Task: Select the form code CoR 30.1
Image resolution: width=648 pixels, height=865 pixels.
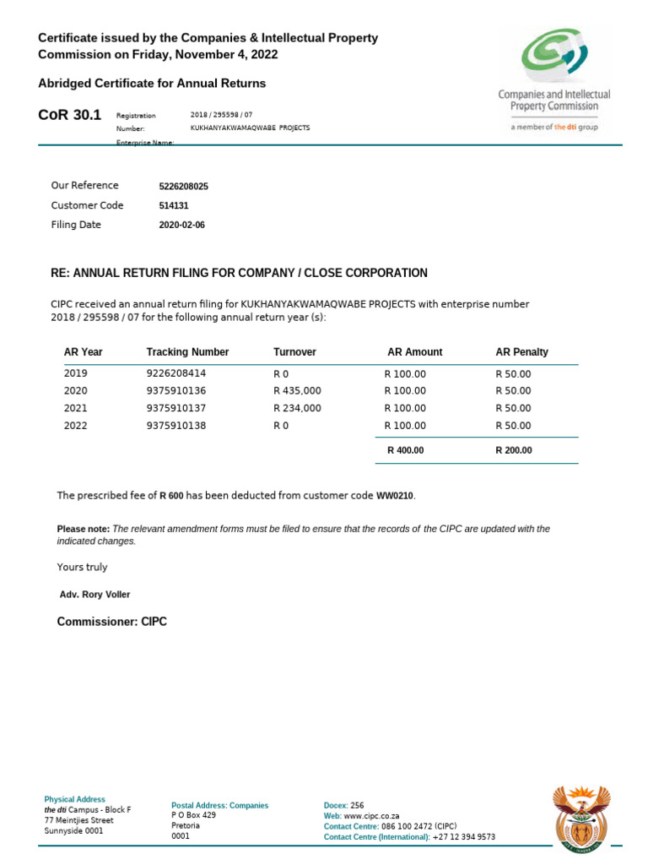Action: point(70,115)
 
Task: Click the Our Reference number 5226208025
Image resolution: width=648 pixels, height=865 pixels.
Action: point(183,186)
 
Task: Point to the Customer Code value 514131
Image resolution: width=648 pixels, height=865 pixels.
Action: point(173,205)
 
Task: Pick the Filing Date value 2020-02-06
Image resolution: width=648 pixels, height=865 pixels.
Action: point(181,226)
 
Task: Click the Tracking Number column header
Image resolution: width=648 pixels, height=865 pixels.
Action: point(187,352)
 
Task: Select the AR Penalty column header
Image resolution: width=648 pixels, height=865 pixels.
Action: point(521,352)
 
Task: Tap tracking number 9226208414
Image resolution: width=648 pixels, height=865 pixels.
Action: point(175,373)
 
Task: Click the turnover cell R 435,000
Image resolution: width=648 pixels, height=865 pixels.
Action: point(297,391)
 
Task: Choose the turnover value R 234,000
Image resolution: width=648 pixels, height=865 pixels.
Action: point(297,409)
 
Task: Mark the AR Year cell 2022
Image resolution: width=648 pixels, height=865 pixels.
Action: point(76,427)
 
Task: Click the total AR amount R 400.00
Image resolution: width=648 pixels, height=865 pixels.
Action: point(405,450)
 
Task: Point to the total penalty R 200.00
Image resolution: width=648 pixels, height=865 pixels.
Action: point(514,450)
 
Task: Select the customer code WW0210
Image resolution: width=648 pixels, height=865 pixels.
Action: point(395,495)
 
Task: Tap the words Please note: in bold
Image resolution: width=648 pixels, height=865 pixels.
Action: point(83,529)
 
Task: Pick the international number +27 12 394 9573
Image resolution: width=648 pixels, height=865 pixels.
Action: point(463,837)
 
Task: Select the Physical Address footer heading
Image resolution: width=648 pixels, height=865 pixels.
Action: point(74,799)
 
